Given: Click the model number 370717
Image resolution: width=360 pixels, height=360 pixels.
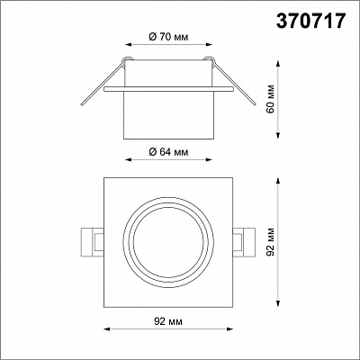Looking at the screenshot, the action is pyautogui.click(x=310, y=21).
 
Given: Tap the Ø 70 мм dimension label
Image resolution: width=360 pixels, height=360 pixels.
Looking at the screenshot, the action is pyautogui.click(x=168, y=37).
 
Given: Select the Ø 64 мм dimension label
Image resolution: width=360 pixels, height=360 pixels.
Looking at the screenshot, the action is pyautogui.click(x=168, y=152).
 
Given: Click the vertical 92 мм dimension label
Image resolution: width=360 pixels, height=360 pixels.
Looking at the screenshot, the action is pyautogui.click(x=270, y=242).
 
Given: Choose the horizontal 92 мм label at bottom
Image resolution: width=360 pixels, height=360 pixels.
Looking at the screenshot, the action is pyautogui.click(x=168, y=321).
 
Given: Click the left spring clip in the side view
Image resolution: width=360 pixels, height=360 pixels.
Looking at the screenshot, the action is pyautogui.click(x=103, y=82).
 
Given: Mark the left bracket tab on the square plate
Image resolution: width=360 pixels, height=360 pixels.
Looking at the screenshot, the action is pyautogui.click(x=93, y=242).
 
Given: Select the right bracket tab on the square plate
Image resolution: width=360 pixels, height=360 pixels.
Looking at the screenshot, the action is pyautogui.click(x=244, y=242).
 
